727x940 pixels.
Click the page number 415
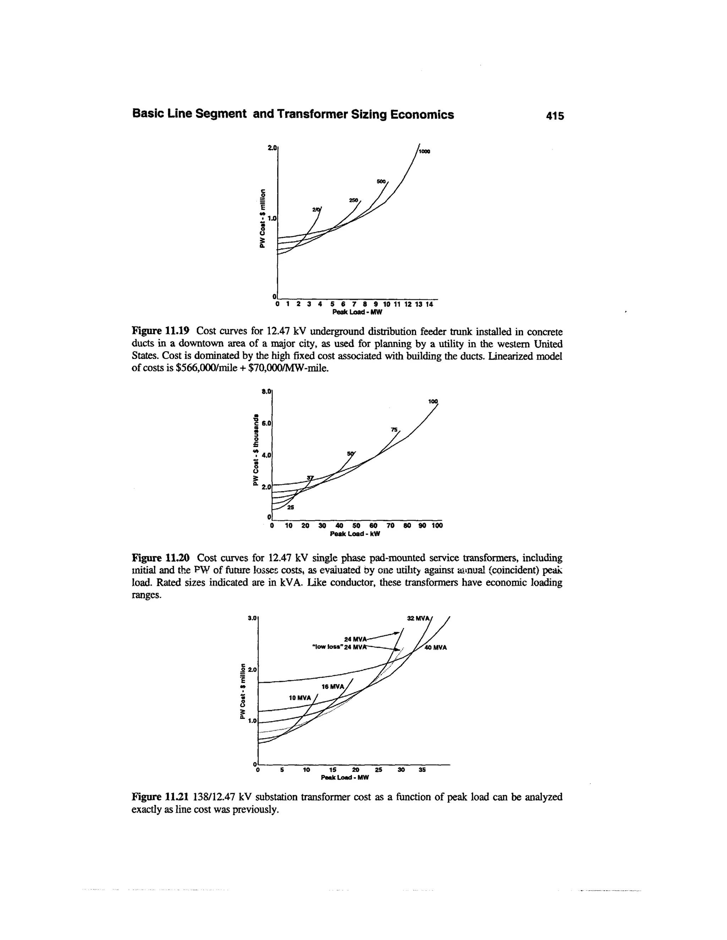(554, 115)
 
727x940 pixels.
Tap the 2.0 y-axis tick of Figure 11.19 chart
(271, 148)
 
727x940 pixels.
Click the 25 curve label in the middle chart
(290, 508)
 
